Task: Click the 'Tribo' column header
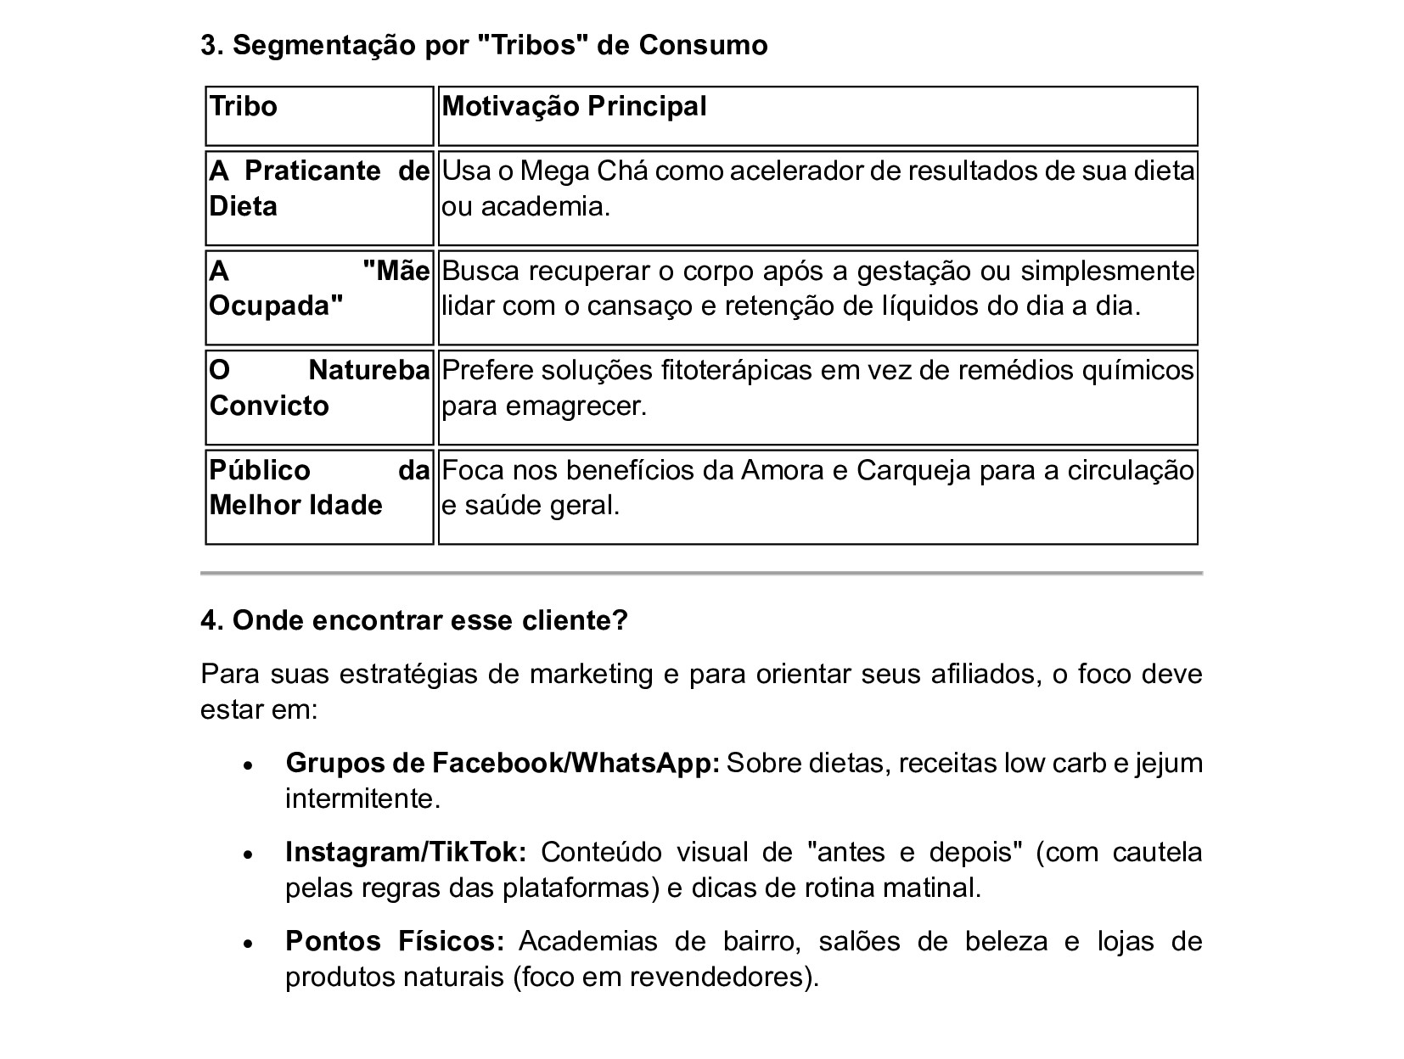(244, 107)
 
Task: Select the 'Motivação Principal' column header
(574, 107)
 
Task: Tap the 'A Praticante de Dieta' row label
(319, 188)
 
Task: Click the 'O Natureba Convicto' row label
(319, 388)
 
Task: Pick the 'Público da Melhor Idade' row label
(319, 488)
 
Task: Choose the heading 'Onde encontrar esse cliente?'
(414, 620)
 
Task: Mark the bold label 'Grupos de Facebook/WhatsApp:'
(503, 763)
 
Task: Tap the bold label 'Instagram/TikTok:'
(407, 852)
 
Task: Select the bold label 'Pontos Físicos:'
(396, 941)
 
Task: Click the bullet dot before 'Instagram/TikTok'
(248, 854)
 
